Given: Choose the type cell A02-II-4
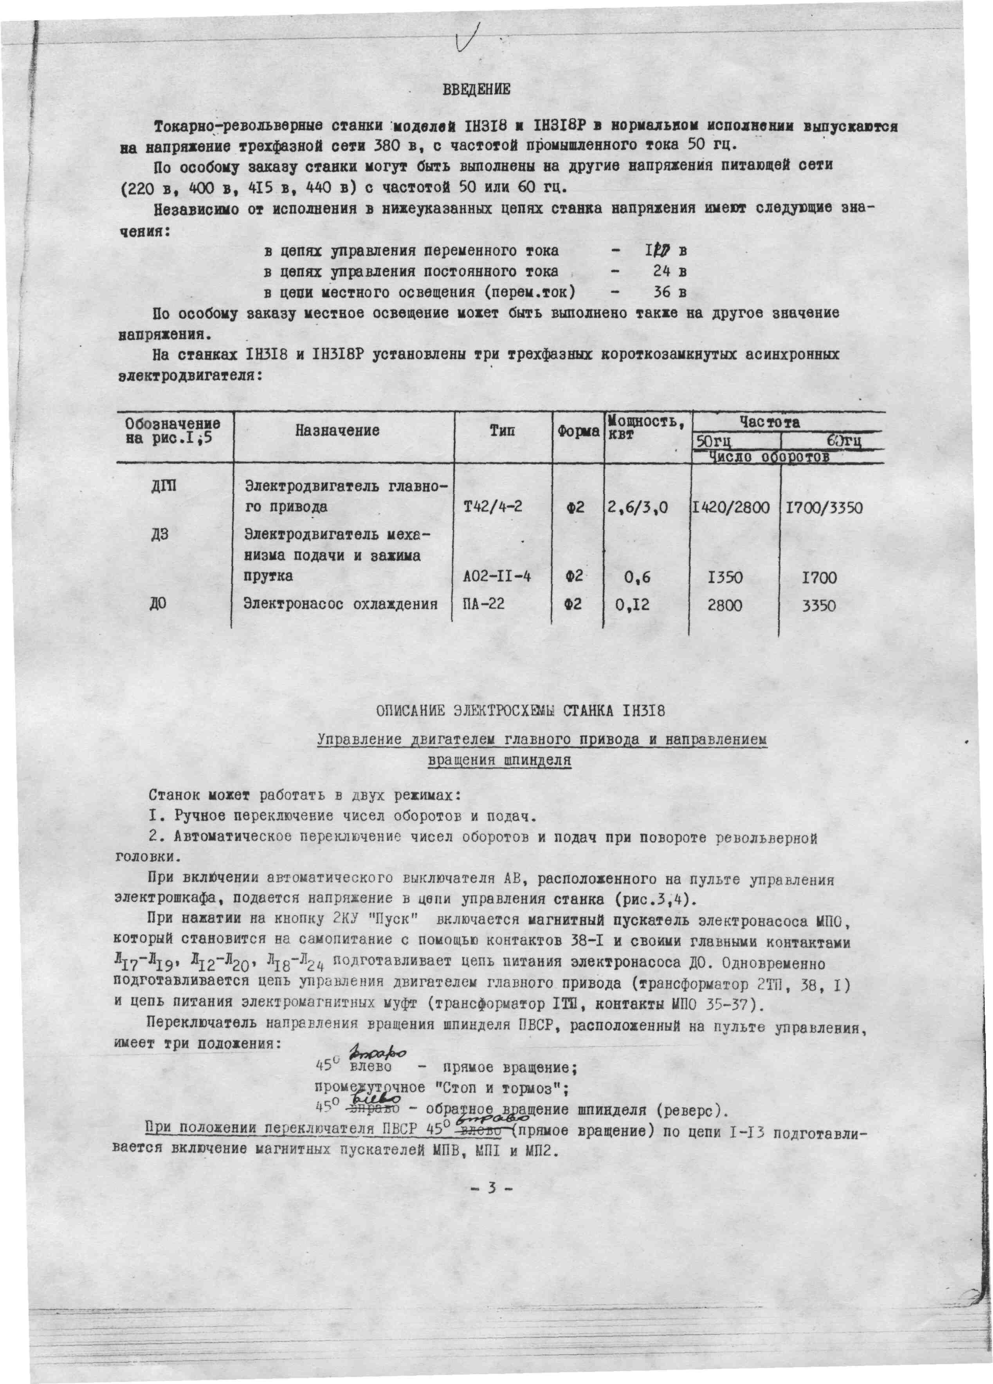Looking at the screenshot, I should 496,576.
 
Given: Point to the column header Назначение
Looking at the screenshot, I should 337,431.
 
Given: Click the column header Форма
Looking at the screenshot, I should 578,432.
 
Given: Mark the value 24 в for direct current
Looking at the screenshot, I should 670,271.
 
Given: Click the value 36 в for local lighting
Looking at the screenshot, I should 670,292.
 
